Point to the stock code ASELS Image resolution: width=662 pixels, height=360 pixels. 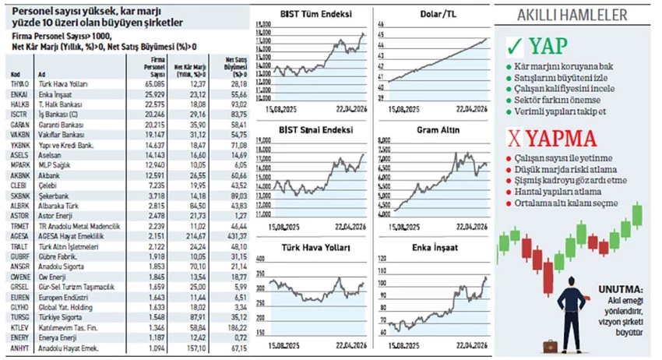19,154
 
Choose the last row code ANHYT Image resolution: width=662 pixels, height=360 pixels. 19,348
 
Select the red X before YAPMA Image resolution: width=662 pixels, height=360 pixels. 513,139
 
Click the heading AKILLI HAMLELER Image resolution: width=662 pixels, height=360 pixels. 572,15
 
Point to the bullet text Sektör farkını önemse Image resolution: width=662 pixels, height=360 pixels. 557,101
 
